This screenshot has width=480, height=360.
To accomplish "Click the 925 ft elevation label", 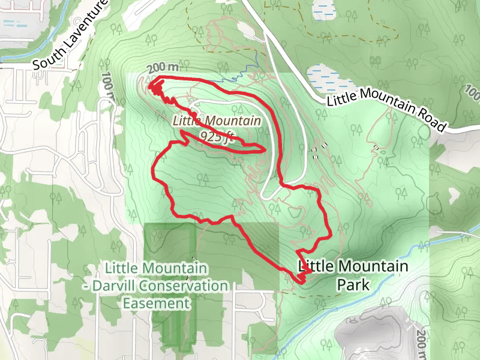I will [x=217, y=135].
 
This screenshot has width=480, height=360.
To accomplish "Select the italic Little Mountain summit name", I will [x=217, y=121].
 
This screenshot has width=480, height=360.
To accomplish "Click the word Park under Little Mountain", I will [x=353, y=284].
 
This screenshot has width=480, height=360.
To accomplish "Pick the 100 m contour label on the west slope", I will [x=108, y=85].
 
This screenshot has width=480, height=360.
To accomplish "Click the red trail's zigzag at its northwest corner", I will [x=155, y=88].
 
